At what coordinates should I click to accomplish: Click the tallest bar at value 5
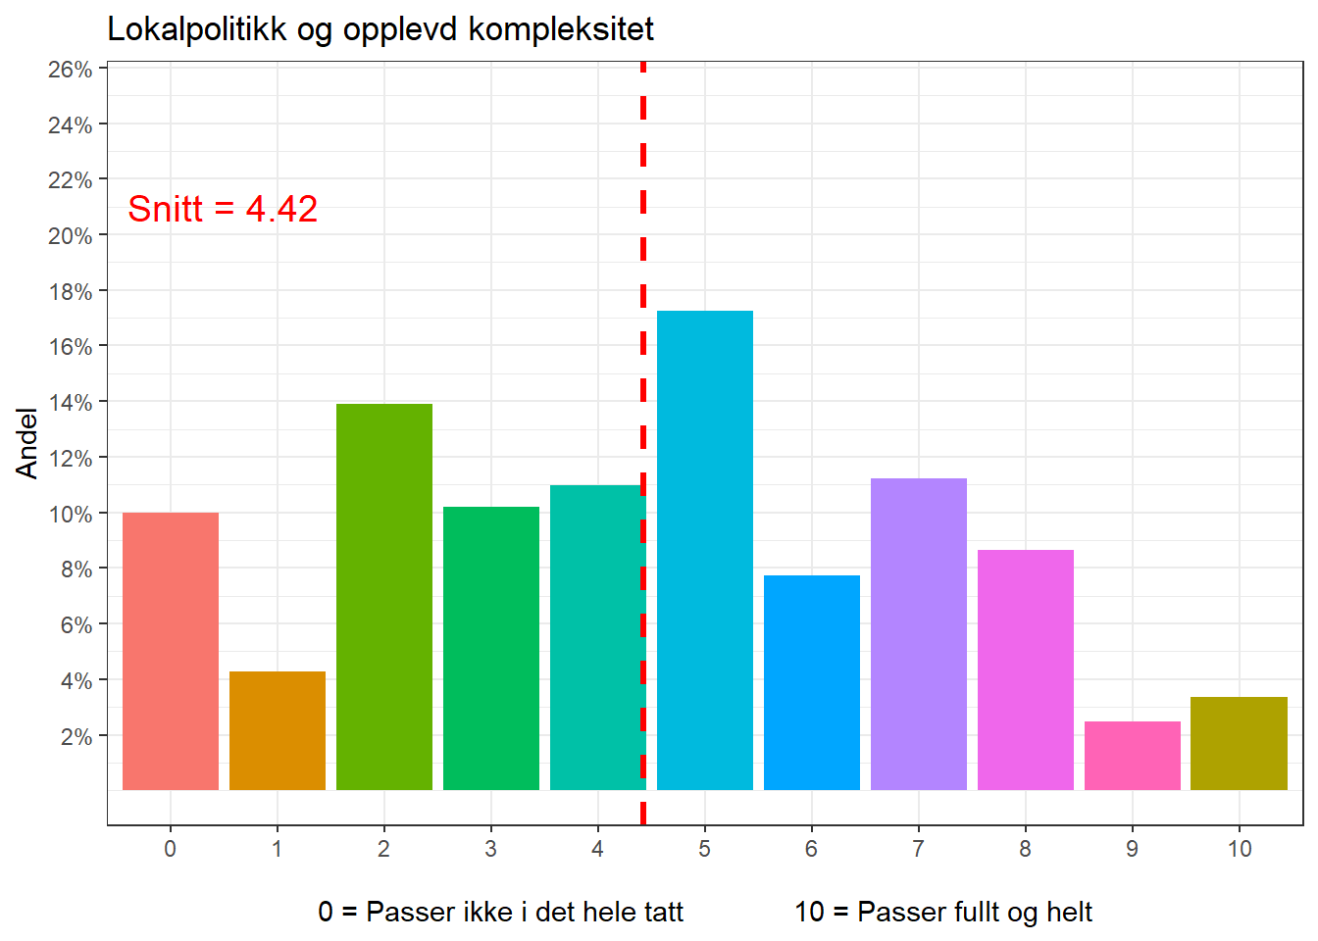[x=704, y=550]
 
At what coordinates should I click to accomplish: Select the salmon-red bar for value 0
[x=171, y=651]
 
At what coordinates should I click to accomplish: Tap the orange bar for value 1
[x=278, y=730]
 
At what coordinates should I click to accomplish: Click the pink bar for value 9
[x=1132, y=756]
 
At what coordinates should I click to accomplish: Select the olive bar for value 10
[x=1239, y=743]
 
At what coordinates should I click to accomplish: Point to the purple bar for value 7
[x=918, y=633]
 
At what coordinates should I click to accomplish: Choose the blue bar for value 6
[x=811, y=682]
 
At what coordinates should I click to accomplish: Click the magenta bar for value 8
[x=1025, y=669]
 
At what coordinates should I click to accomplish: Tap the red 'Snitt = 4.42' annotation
[x=223, y=209]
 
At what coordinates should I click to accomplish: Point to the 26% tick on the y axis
[x=71, y=70]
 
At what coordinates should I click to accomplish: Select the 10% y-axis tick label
[x=71, y=514]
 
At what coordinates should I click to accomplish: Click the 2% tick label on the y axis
[x=76, y=736]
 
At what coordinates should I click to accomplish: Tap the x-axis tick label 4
[x=597, y=849]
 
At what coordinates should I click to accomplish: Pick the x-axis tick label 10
[x=1239, y=849]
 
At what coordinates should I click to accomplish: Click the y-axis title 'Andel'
[x=27, y=443]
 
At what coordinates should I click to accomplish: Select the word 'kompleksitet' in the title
[x=561, y=29]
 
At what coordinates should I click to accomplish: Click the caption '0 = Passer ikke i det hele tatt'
[x=500, y=913]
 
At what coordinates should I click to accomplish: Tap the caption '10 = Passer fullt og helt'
[x=942, y=913]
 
